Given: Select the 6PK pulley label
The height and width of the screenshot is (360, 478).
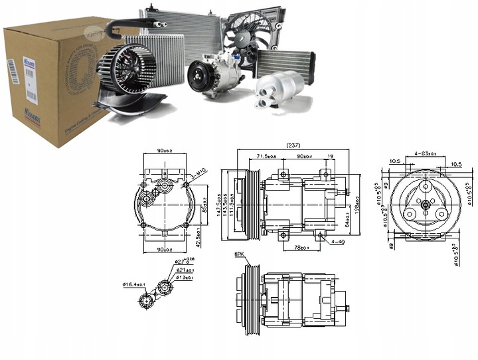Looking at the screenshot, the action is coord(239,254).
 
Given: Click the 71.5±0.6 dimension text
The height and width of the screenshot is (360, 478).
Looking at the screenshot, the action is coord(267,157).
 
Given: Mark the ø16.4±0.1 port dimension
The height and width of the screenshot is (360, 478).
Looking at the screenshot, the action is coord(134,284).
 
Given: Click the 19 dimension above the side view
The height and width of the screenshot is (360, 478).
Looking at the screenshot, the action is coord(330,157).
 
